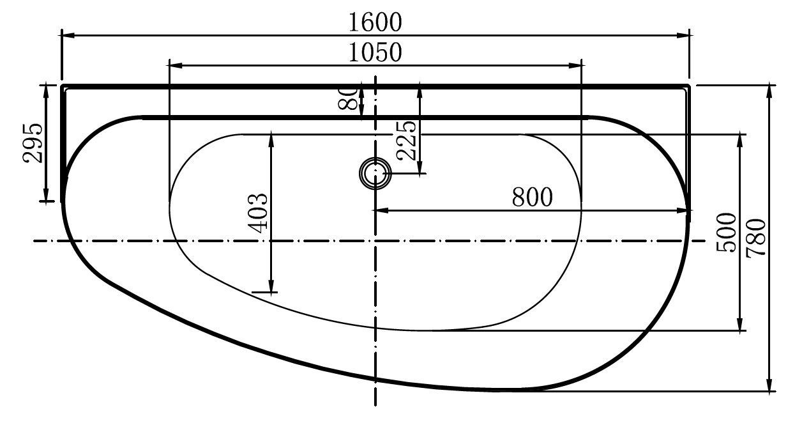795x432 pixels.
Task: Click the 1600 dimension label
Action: tap(375, 22)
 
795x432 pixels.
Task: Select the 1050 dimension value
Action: tap(375, 52)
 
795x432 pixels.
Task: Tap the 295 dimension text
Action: tap(33, 143)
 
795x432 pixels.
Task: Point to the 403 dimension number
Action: tap(257, 213)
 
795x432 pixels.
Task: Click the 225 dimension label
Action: tap(405, 141)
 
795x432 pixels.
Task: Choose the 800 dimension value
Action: tap(533, 197)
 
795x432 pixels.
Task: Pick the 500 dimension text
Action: tap(726, 233)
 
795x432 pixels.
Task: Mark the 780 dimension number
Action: tap(755, 238)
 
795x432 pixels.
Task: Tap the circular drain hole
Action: tap(375, 173)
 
